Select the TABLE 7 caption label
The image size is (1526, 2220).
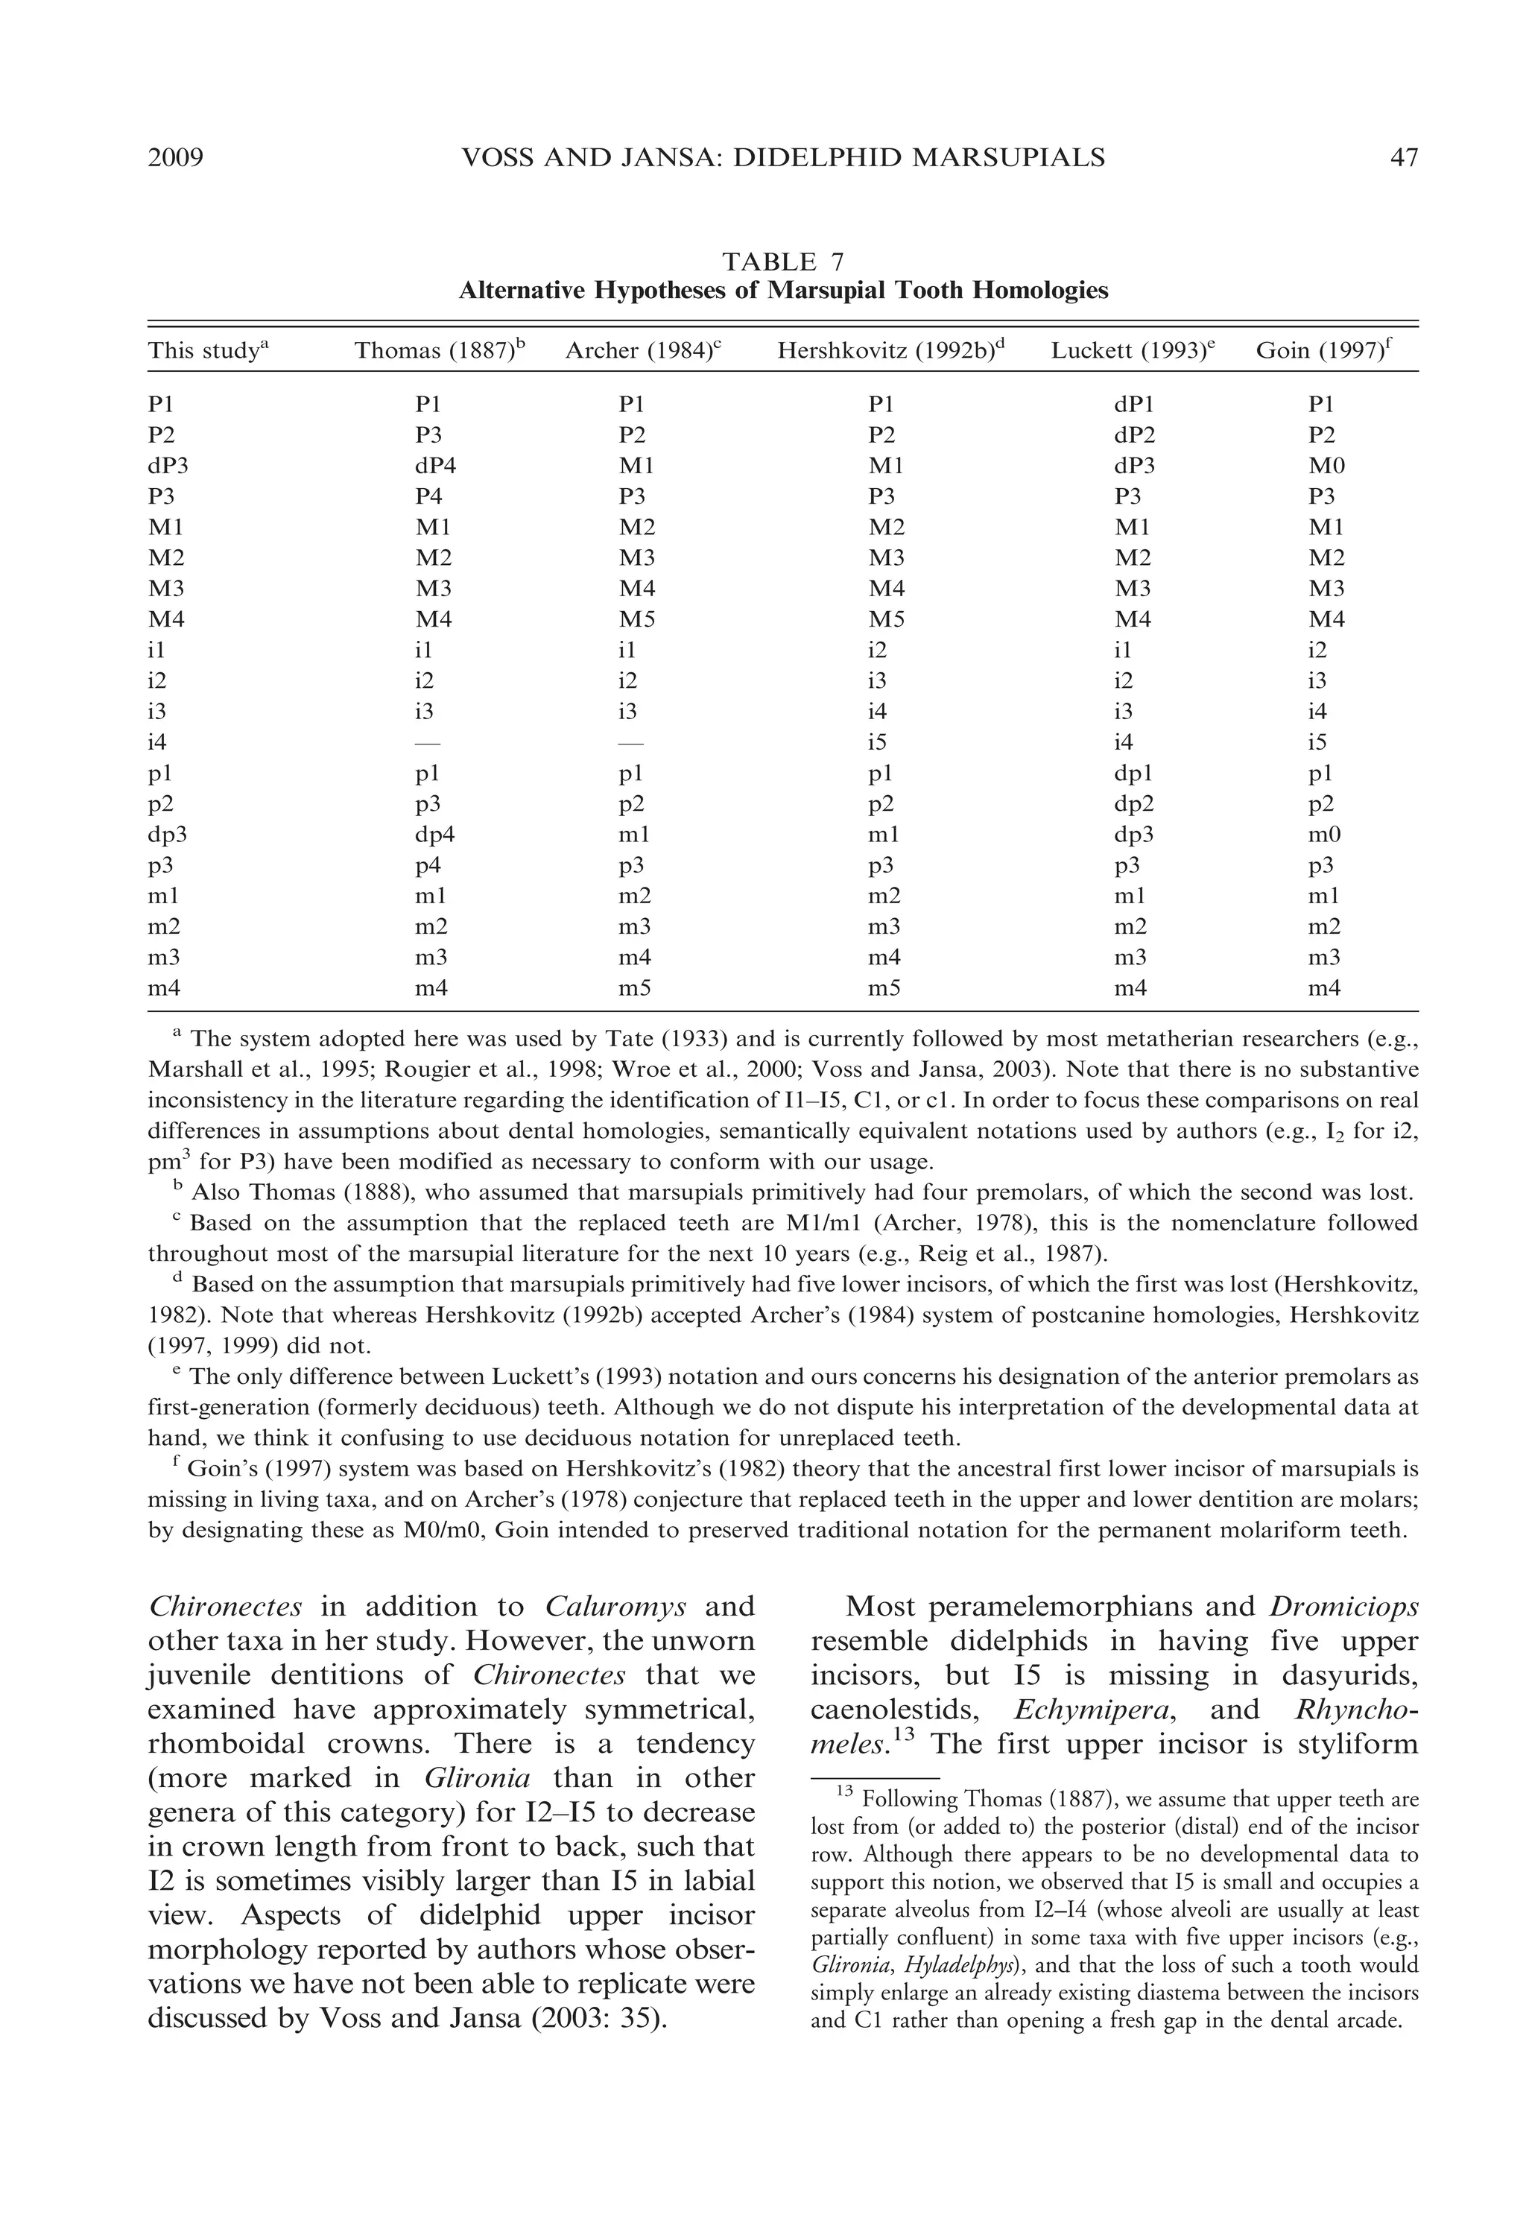pyautogui.click(x=782, y=261)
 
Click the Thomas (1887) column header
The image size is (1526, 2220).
pyautogui.click(x=440, y=351)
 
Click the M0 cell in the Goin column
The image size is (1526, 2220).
pyautogui.click(x=1326, y=467)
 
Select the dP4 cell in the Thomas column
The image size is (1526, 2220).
pyautogui.click(x=435, y=467)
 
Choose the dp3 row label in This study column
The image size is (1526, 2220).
pyautogui.click(x=168, y=835)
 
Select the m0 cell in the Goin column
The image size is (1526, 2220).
pyautogui.click(x=1326, y=835)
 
